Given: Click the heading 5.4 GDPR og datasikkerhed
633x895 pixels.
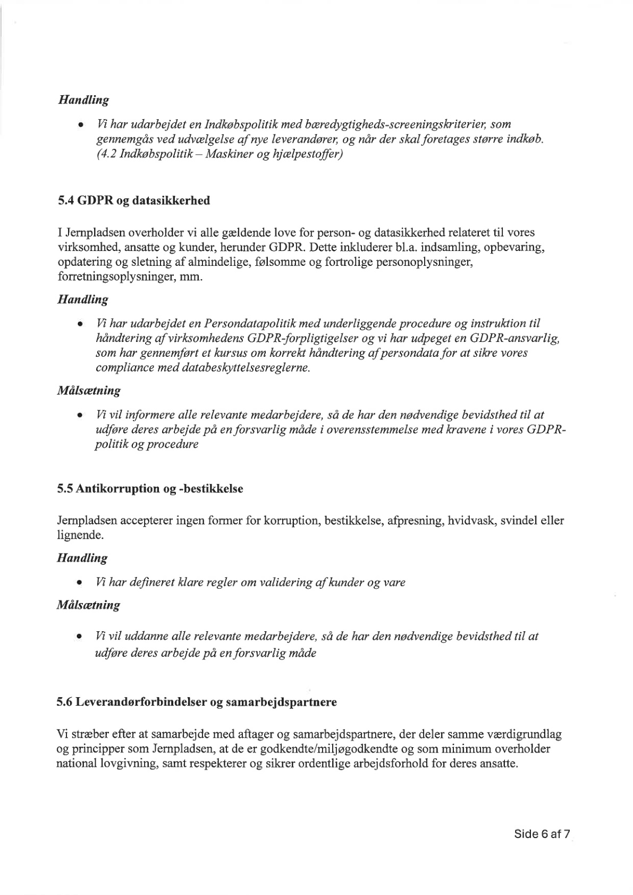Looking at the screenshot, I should (133, 200).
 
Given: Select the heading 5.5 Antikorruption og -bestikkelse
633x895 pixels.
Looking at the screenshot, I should (150, 489).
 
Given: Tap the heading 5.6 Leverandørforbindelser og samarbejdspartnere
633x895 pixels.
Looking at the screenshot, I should (197, 702).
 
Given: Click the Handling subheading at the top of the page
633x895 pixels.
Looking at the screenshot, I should (83, 100).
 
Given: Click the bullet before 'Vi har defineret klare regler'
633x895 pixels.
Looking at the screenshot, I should (79, 583).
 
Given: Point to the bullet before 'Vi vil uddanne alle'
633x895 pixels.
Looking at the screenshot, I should (79, 637).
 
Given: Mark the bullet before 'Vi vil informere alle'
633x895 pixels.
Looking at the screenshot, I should (79, 415).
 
